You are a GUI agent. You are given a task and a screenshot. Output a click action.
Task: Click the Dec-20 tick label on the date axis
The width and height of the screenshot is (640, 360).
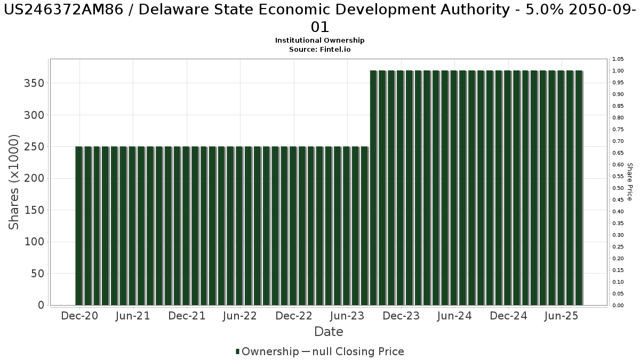pyautogui.click(x=79, y=316)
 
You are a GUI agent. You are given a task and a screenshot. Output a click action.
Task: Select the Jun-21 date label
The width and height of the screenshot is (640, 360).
pyautogui.click(x=133, y=316)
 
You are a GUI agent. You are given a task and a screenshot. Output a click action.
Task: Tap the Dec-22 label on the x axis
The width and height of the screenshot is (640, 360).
pyautogui.click(x=294, y=316)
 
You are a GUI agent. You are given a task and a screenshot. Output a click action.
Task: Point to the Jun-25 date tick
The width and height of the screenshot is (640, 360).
pyautogui.click(x=561, y=316)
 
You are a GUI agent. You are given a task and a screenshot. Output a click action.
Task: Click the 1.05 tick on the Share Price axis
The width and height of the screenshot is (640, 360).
pyautogui.click(x=618, y=59)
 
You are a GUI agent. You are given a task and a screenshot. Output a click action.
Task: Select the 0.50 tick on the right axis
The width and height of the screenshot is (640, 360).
pyautogui.click(x=618, y=188)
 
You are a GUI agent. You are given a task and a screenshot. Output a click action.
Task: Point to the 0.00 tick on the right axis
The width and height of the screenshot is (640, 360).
pyautogui.click(x=618, y=306)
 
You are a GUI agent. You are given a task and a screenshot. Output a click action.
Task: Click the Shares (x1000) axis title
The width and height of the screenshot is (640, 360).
pyautogui.click(x=14, y=182)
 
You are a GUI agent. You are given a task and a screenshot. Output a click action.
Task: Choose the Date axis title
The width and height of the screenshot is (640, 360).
pyautogui.click(x=329, y=332)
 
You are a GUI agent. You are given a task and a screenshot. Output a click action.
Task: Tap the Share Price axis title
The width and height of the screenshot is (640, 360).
pyautogui.click(x=629, y=182)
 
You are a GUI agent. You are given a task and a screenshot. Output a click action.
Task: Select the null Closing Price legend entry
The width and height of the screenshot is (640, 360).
pyautogui.click(x=353, y=351)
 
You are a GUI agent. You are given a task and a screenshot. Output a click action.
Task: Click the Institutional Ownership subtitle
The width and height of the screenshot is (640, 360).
pyautogui.click(x=320, y=41)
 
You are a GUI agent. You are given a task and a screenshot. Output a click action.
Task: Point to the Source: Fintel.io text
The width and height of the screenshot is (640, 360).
pyautogui.click(x=320, y=49)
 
